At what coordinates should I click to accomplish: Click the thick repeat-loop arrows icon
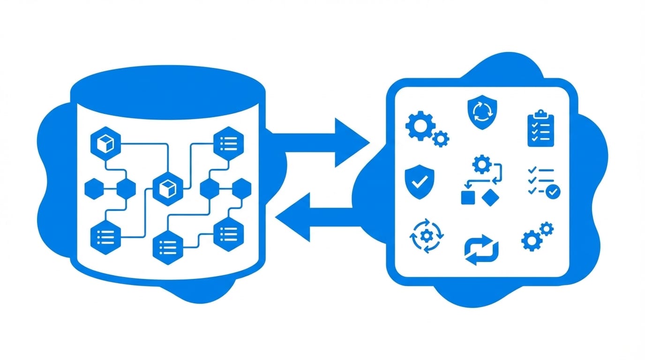(x=481, y=250)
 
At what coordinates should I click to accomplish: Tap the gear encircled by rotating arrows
(x=426, y=236)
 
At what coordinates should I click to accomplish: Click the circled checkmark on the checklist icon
(x=554, y=191)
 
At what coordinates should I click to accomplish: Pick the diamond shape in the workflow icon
(x=491, y=197)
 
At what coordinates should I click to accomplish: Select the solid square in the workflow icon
(x=468, y=198)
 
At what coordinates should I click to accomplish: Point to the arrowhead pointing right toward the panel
(x=352, y=142)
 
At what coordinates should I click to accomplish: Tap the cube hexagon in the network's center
(x=167, y=188)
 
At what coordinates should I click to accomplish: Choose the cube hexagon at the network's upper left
(x=105, y=143)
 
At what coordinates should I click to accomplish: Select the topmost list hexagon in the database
(x=228, y=143)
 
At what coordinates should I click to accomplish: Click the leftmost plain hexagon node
(x=94, y=188)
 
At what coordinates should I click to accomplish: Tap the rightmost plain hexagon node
(x=241, y=188)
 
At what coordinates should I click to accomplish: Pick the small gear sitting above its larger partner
(x=546, y=229)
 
